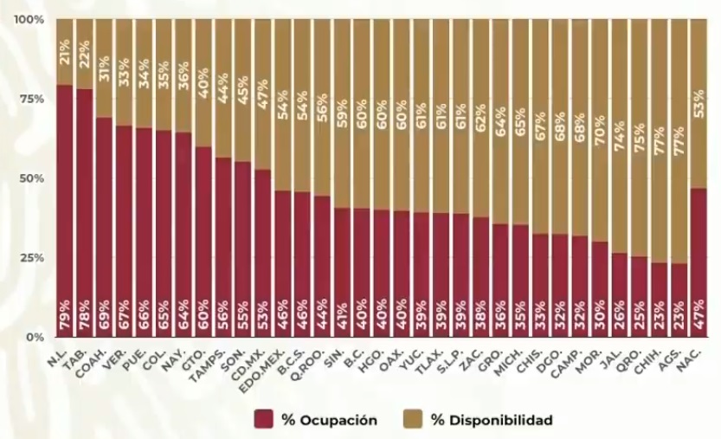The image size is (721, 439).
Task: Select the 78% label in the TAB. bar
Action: pyautogui.click(x=84, y=320)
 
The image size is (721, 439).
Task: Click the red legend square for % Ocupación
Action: pyautogui.click(x=264, y=420)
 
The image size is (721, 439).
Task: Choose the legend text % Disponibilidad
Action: pyautogui.click(x=492, y=420)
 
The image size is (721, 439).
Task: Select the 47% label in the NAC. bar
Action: pyautogui.click(x=698, y=320)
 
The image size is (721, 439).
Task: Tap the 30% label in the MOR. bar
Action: pyautogui.click(x=600, y=320)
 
